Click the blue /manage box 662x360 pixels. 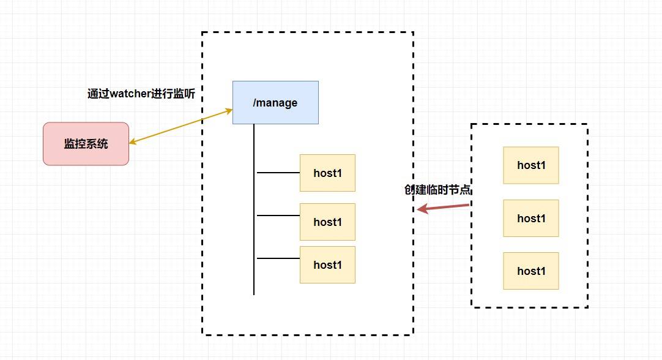(275, 102)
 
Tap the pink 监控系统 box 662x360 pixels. (86, 144)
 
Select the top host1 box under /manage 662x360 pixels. (327, 173)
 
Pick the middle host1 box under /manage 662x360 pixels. (327, 222)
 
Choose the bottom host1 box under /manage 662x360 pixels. (327, 264)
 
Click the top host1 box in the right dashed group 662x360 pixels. (531, 165)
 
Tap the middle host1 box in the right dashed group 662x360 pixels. (531, 218)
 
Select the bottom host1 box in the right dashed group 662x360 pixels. (531, 271)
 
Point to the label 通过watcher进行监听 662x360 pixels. (144, 94)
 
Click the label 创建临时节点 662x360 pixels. (437, 190)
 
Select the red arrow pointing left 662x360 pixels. (444, 208)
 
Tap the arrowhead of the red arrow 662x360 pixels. (421, 209)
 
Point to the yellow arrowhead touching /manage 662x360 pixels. (229, 111)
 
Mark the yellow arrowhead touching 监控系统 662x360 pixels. (133, 143)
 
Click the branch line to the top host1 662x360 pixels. (278, 173)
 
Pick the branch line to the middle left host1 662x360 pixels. (278, 216)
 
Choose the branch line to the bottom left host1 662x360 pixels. (278, 258)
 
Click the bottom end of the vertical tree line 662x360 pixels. (254, 293)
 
